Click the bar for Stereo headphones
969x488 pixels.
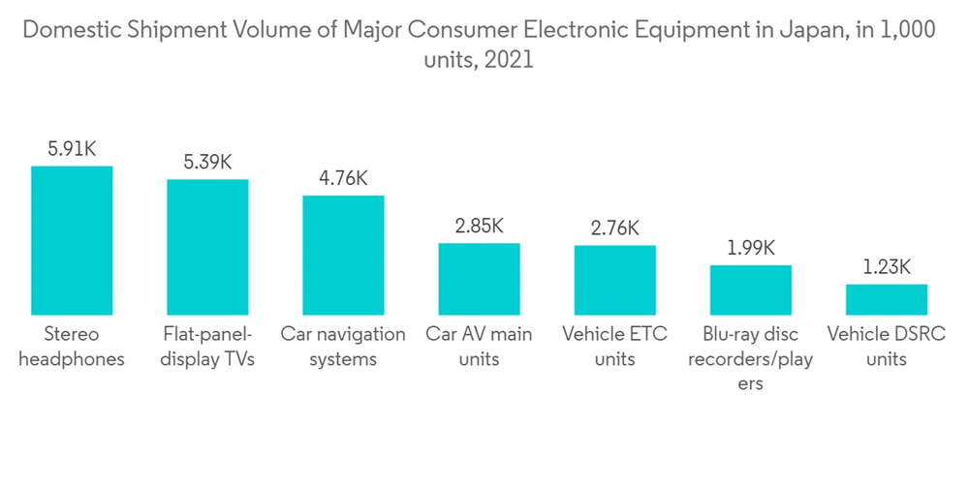click(x=72, y=240)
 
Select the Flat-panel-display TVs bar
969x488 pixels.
click(x=207, y=247)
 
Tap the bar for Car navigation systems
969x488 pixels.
click(x=343, y=255)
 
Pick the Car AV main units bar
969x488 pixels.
click(x=479, y=279)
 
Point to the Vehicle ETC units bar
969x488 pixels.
click(x=614, y=280)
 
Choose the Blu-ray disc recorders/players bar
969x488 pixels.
click(x=750, y=290)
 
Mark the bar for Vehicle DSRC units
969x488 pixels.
click(x=886, y=299)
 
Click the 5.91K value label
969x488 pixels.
click(x=72, y=149)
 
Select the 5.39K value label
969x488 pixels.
click(x=207, y=162)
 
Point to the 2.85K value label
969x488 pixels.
click(x=479, y=226)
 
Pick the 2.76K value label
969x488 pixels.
click(x=614, y=229)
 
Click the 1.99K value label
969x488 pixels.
click(x=750, y=248)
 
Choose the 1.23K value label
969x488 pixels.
click(x=886, y=267)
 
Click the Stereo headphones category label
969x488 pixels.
click(x=72, y=347)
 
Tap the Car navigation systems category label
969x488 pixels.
click(x=343, y=347)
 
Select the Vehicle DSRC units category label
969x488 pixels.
click(x=886, y=347)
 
